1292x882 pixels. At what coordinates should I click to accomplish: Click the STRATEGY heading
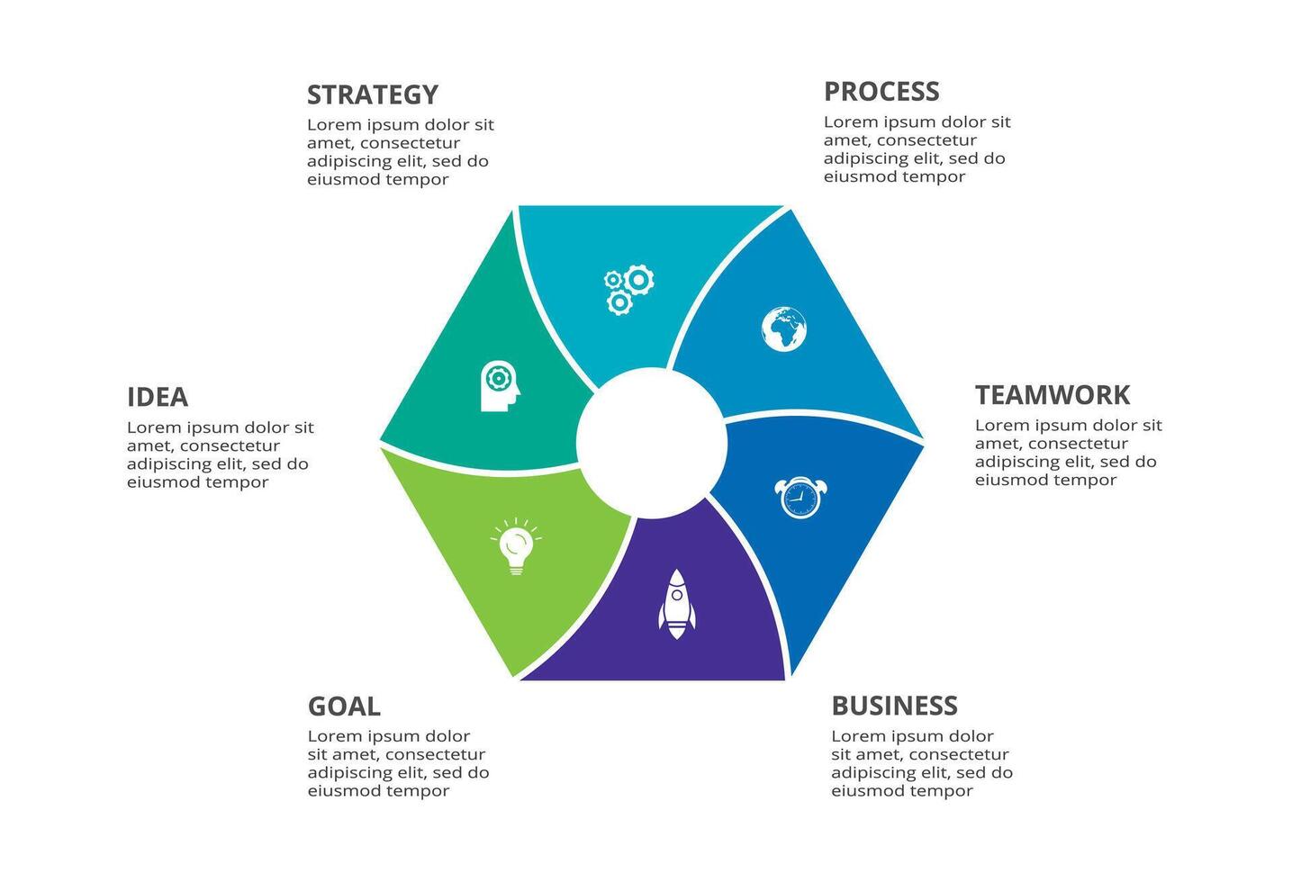pos(372,94)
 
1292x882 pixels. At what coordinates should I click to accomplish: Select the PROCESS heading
pos(881,92)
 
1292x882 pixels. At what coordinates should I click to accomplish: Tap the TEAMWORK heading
pos(1052,395)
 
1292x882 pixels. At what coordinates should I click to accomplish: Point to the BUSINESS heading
pos(894,706)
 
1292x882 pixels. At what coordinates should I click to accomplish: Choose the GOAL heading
pos(344,706)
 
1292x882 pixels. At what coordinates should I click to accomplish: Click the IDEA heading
pos(158,397)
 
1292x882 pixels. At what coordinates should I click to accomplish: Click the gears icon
pos(628,289)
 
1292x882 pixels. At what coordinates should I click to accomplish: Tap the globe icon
pos(783,329)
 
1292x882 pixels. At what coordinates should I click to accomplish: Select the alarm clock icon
pos(800,498)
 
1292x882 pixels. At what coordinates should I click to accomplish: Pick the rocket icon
pos(676,603)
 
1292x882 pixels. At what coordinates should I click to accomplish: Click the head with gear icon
pos(500,386)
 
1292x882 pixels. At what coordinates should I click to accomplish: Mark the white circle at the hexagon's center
pos(651,443)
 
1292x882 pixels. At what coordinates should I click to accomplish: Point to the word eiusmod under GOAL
pos(344,791)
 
